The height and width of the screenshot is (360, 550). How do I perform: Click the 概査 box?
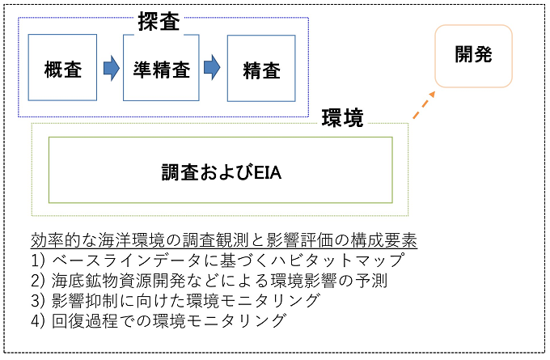62,67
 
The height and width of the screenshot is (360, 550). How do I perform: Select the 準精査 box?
160,67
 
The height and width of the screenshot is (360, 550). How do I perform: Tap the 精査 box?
260,69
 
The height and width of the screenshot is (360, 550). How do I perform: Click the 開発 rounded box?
473,56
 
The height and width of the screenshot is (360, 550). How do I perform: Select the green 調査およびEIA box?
220,170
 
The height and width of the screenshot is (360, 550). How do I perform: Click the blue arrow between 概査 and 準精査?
110,67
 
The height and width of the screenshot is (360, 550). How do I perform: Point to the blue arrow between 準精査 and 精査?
211,67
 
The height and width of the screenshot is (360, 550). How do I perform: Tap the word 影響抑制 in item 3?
86,301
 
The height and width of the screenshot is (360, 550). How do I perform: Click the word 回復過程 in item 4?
86,321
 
